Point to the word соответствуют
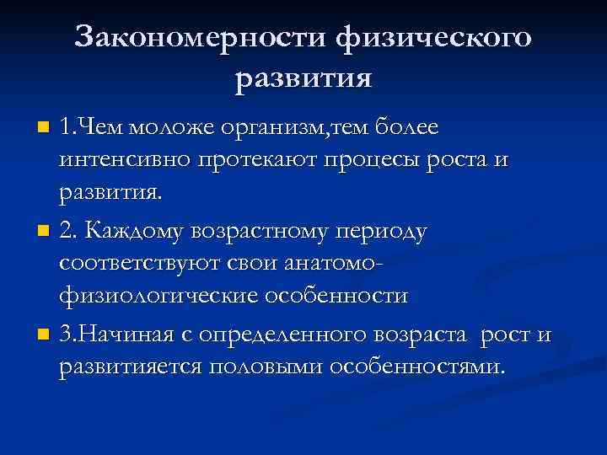(x=140, y=263)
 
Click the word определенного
(x=271, y=335)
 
